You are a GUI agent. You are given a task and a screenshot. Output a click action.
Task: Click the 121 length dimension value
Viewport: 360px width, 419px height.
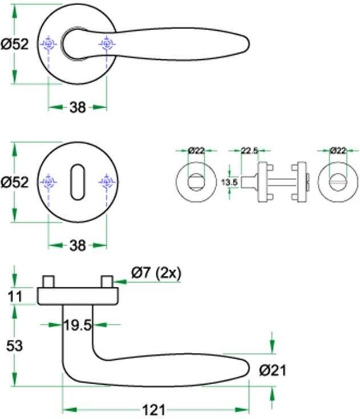point(154,410)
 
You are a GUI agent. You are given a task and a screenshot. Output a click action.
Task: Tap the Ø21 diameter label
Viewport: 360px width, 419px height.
point(272,371)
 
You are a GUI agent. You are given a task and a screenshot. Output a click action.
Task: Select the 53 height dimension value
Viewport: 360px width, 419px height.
point(15,345)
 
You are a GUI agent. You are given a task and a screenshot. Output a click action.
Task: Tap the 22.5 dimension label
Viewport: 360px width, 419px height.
point(250,150)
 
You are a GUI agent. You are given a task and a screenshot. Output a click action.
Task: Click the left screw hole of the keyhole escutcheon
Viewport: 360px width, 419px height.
point(48,182)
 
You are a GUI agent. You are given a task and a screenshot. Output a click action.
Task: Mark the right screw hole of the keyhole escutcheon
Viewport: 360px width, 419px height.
point(107,182)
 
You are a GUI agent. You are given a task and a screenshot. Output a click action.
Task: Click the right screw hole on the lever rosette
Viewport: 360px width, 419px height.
point(107,43)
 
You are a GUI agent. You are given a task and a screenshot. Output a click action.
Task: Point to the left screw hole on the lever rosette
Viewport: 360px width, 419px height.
point(48,43)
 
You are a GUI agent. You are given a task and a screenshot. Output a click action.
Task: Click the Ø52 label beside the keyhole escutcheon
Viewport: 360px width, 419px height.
point(15,182)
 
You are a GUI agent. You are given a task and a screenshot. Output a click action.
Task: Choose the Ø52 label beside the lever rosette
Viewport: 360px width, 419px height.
point(15,44)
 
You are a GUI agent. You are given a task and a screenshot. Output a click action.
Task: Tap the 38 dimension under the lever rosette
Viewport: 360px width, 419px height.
point(78,107)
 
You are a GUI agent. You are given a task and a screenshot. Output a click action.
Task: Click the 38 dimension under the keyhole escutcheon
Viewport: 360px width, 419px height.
point(78,246)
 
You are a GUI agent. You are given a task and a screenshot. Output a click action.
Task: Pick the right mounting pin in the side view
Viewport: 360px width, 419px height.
point(106,282)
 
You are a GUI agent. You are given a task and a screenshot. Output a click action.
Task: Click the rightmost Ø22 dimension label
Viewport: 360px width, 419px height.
point(338,150)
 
